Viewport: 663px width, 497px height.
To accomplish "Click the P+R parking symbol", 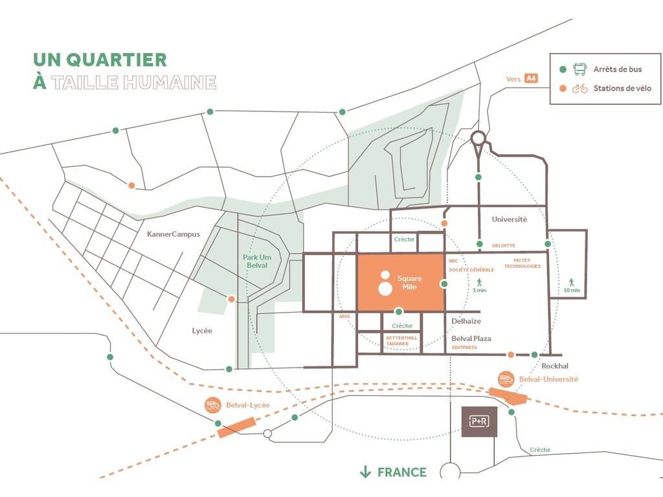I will tap(479, 421).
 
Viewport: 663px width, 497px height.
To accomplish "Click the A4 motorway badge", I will tap(531, 79).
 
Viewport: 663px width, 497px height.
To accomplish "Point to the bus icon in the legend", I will tap(580, 69).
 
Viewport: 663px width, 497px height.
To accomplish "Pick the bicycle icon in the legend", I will tap(579, 89).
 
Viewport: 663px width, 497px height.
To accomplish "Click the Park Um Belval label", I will tap(255, 261).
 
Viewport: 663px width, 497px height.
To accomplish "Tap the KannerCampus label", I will tap(174, 234).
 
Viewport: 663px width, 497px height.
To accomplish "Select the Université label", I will tap(509, 219).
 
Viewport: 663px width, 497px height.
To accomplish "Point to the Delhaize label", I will tap(466, 321).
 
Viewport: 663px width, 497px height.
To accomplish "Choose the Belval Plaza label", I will tap(471, 338).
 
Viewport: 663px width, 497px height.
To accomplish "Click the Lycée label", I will tap(202, 331).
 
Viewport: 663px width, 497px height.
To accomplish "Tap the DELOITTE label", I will tap(504, 246).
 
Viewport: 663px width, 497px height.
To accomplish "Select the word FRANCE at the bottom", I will tap(402, 472).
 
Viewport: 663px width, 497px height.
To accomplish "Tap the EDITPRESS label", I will tap(464, 348).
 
